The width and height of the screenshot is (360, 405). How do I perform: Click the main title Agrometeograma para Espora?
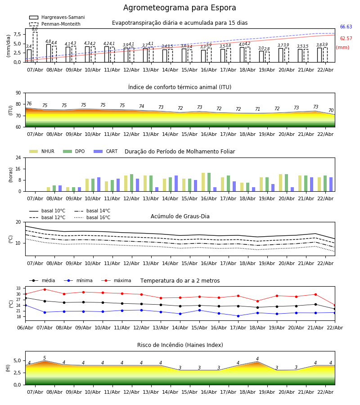point(180,8)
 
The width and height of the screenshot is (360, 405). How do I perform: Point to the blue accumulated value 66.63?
point(346,27)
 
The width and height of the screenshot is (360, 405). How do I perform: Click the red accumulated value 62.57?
point(346,39)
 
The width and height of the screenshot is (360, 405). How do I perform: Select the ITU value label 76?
point(29,104)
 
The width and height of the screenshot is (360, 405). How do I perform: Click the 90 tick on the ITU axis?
point(18,93)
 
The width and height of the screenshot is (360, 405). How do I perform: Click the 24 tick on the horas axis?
point(18,158)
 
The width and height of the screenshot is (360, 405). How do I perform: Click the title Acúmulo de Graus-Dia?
point(180,216)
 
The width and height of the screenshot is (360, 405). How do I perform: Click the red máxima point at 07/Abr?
point(45,289)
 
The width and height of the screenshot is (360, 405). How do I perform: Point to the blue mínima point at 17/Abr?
point(238,316)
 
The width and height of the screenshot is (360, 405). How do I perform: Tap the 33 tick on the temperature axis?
point(18,288)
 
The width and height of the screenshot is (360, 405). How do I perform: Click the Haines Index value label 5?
point(45,358)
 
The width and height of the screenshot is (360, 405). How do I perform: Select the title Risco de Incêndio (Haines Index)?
point(180,345)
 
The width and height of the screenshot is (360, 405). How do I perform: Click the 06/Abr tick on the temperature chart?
point(25,327)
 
